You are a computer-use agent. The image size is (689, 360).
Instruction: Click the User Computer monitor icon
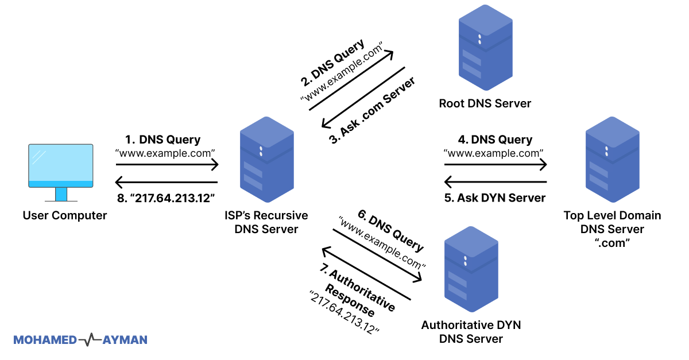pos(61,173)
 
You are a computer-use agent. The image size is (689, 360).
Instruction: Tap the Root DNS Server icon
pos(485,48)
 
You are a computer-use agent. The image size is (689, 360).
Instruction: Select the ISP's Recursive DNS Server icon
pos(266,160)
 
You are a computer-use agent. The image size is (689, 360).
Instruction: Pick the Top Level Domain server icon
pos(613,160)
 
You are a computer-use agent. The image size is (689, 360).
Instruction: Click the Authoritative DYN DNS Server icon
pos(471,269)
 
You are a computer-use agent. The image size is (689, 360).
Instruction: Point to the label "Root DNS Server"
pos(485,103)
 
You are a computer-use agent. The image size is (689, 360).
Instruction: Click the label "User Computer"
pos(64,215)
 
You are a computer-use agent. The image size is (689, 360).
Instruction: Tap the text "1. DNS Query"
pos(162,140)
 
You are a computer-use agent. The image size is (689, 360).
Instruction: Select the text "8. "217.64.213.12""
pos(166,198)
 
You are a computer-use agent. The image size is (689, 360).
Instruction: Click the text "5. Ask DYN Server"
pos(494,198)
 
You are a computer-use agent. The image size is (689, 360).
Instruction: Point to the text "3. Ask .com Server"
pos(372,110)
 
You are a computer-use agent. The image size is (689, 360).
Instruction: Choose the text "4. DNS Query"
pos(495,140)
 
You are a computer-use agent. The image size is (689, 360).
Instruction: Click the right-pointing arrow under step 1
pos(167,165)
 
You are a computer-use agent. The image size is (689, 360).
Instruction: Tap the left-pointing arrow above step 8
pos(166,182)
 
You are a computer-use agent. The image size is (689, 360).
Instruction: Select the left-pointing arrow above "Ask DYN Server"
pos(496,182)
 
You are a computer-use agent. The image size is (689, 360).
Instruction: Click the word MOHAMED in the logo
pos(45,340)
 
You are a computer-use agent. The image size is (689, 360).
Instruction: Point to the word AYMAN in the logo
pos(125,340)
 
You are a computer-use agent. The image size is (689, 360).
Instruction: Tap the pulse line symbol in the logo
pos(90,339)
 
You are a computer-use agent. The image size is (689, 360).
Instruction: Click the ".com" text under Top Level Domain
pos(612,243)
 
